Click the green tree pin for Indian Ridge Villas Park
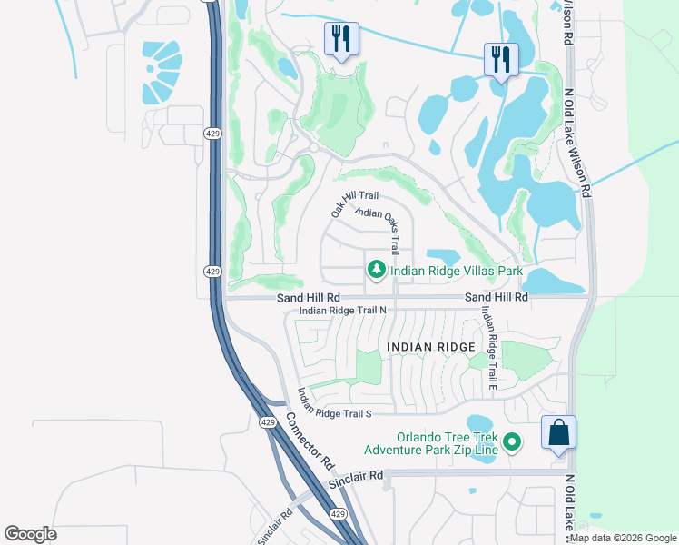coord(376,270)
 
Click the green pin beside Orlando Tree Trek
coord(513,442)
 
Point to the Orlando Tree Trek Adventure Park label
coord(430,442)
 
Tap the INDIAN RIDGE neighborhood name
coord(430,348)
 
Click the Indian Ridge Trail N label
coord(343,311)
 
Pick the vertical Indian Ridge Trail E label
coord(488,348)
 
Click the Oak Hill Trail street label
coord(355,201)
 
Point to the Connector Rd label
coord(310,435)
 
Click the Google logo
coord(30,534)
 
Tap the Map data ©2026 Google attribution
coord(624,538)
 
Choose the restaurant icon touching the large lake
coord(500,60)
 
